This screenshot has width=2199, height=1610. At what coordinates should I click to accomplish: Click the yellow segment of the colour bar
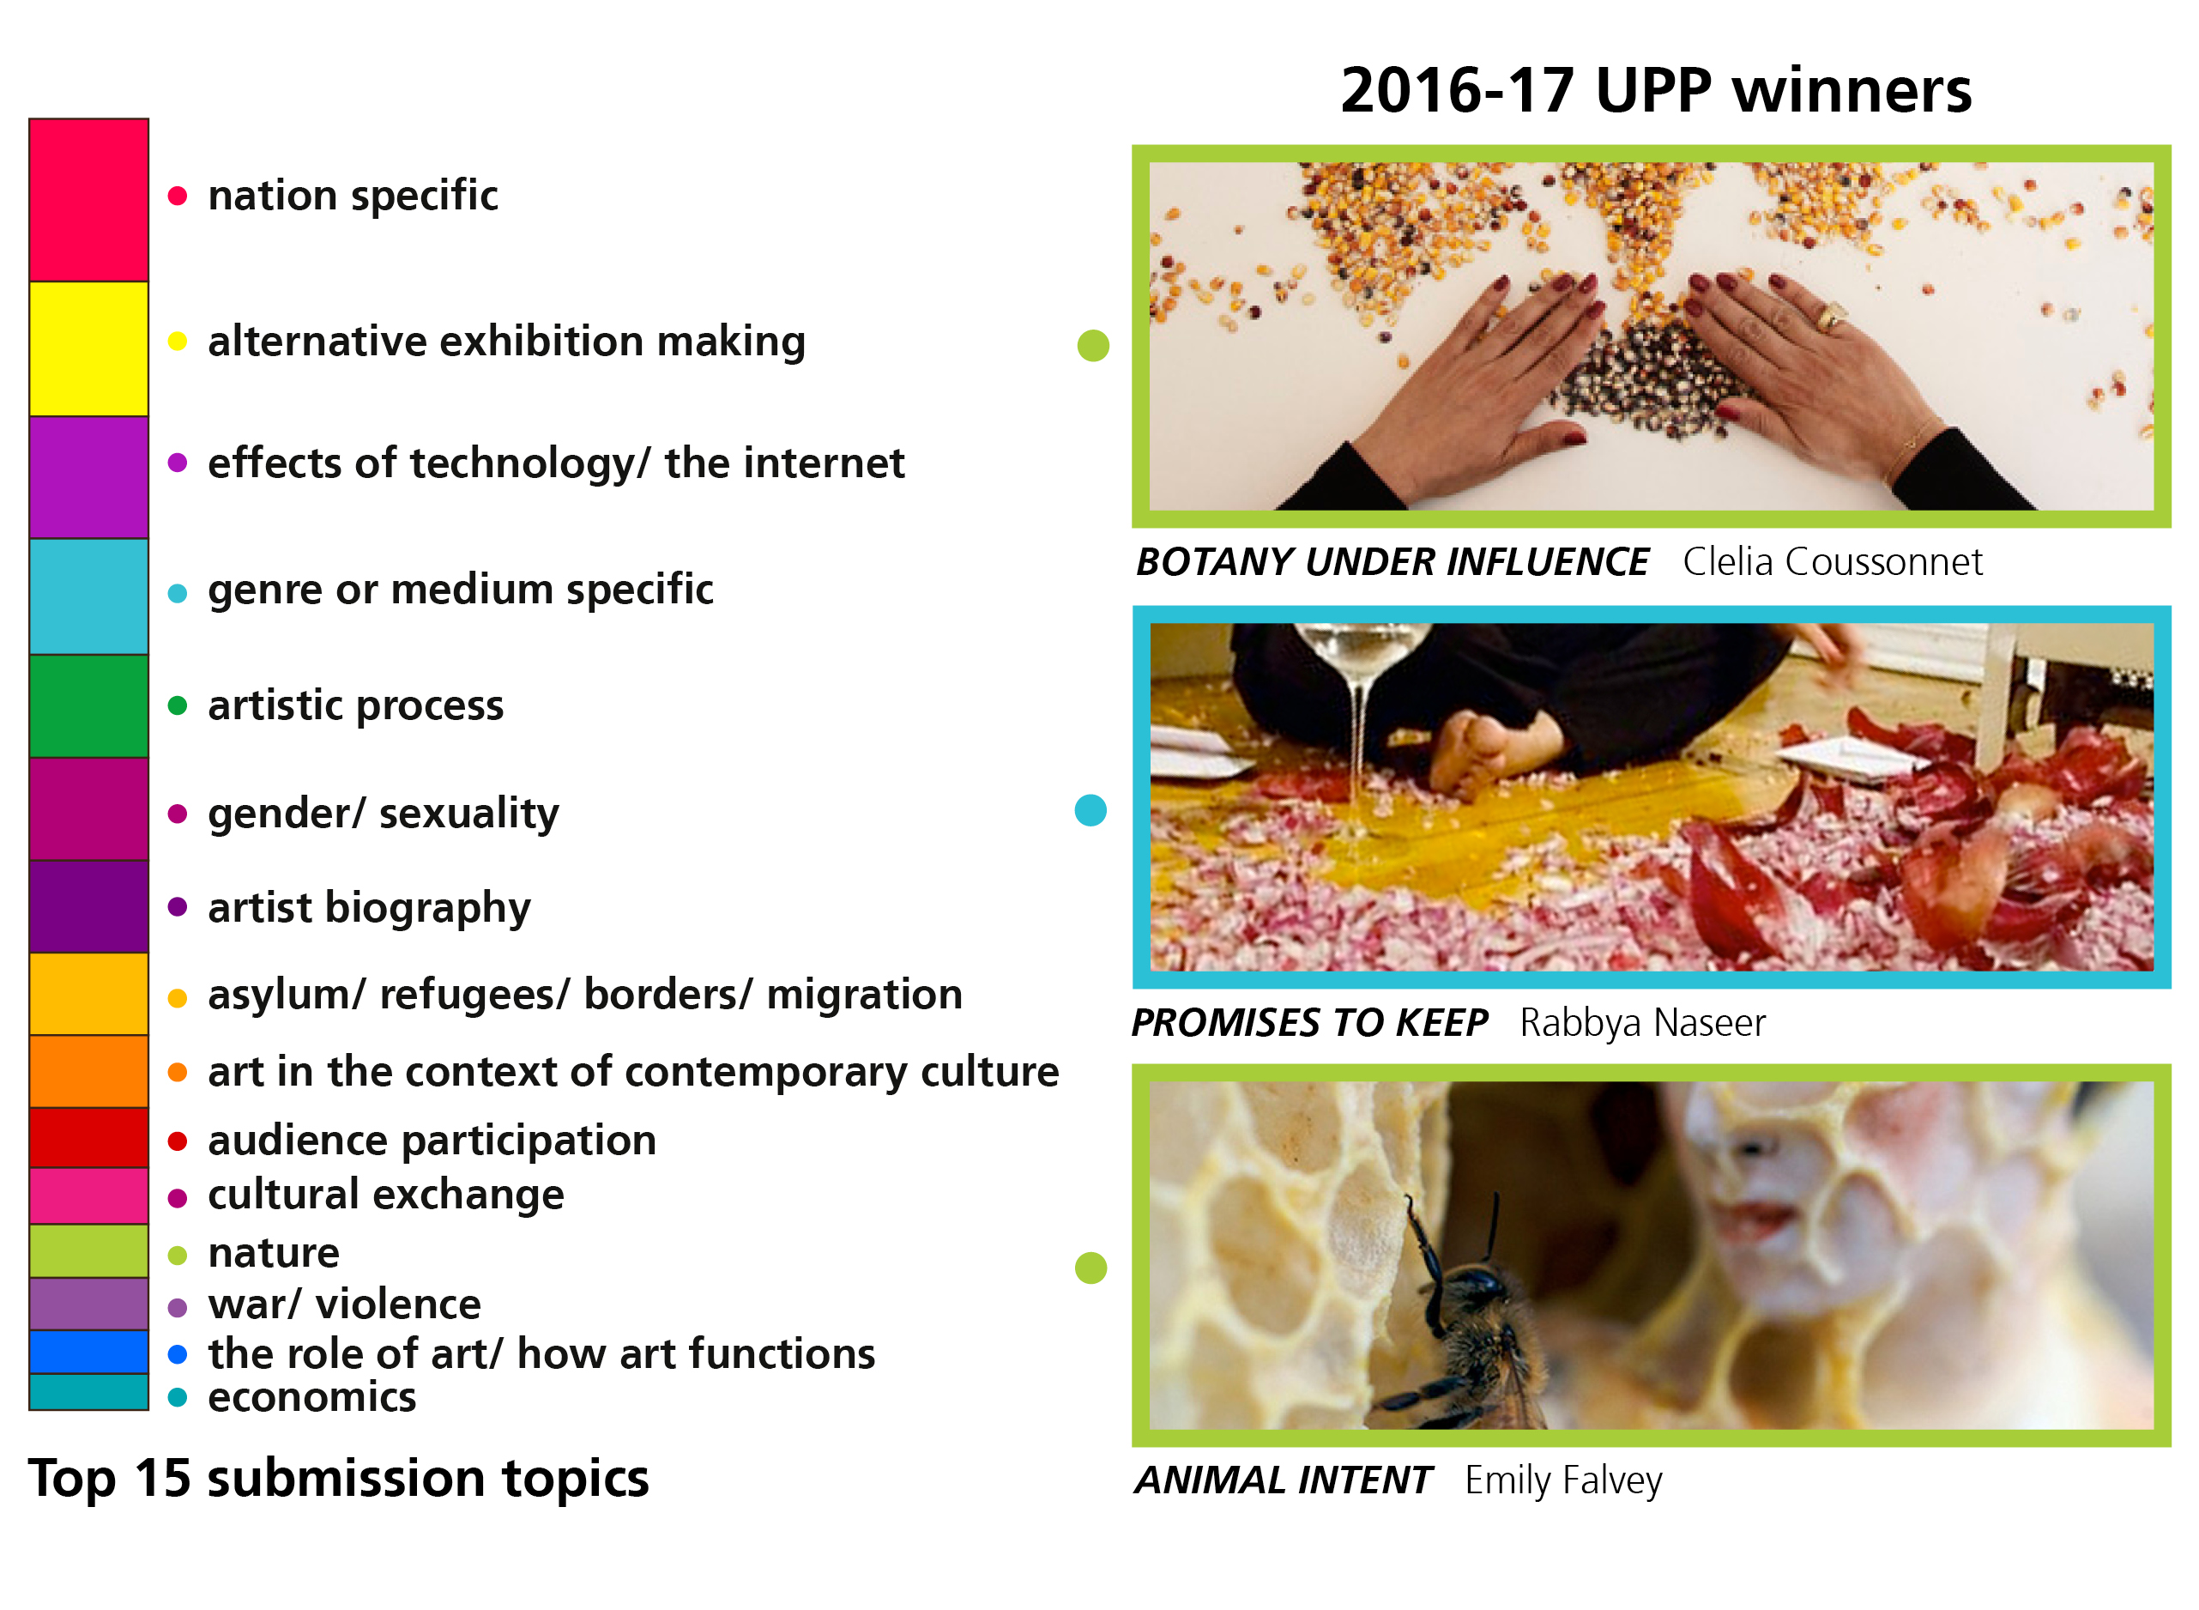point(88,349)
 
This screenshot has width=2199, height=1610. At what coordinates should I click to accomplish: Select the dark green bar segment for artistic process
point(88,706)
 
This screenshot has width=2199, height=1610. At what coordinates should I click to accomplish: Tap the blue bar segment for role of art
point(88,1352)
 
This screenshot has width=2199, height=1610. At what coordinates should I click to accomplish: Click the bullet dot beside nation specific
point(178,196)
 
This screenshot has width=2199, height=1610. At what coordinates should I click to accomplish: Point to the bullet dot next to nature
point(178,1256)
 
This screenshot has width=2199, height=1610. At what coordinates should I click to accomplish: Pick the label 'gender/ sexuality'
point(384,813)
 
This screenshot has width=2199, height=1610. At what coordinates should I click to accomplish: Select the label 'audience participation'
point(432,1141)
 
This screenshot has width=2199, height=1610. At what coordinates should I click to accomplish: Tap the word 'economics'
point(311,1397)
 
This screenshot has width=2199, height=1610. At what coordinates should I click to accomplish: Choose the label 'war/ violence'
point(344,1304)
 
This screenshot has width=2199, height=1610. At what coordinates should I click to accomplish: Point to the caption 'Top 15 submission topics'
point(338,1479)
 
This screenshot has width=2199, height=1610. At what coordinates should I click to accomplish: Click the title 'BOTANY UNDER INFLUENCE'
point(1392,562)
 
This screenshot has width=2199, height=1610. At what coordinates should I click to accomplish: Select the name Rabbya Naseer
point(1643,1023)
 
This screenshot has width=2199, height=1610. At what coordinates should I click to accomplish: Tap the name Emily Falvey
point(1564,1480)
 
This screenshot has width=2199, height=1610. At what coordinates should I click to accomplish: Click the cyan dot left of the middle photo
point(1090,810)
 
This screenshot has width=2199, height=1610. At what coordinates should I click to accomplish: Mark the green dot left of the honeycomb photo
point(1090,1268)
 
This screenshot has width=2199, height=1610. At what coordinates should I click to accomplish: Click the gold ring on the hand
point(1832,316)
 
